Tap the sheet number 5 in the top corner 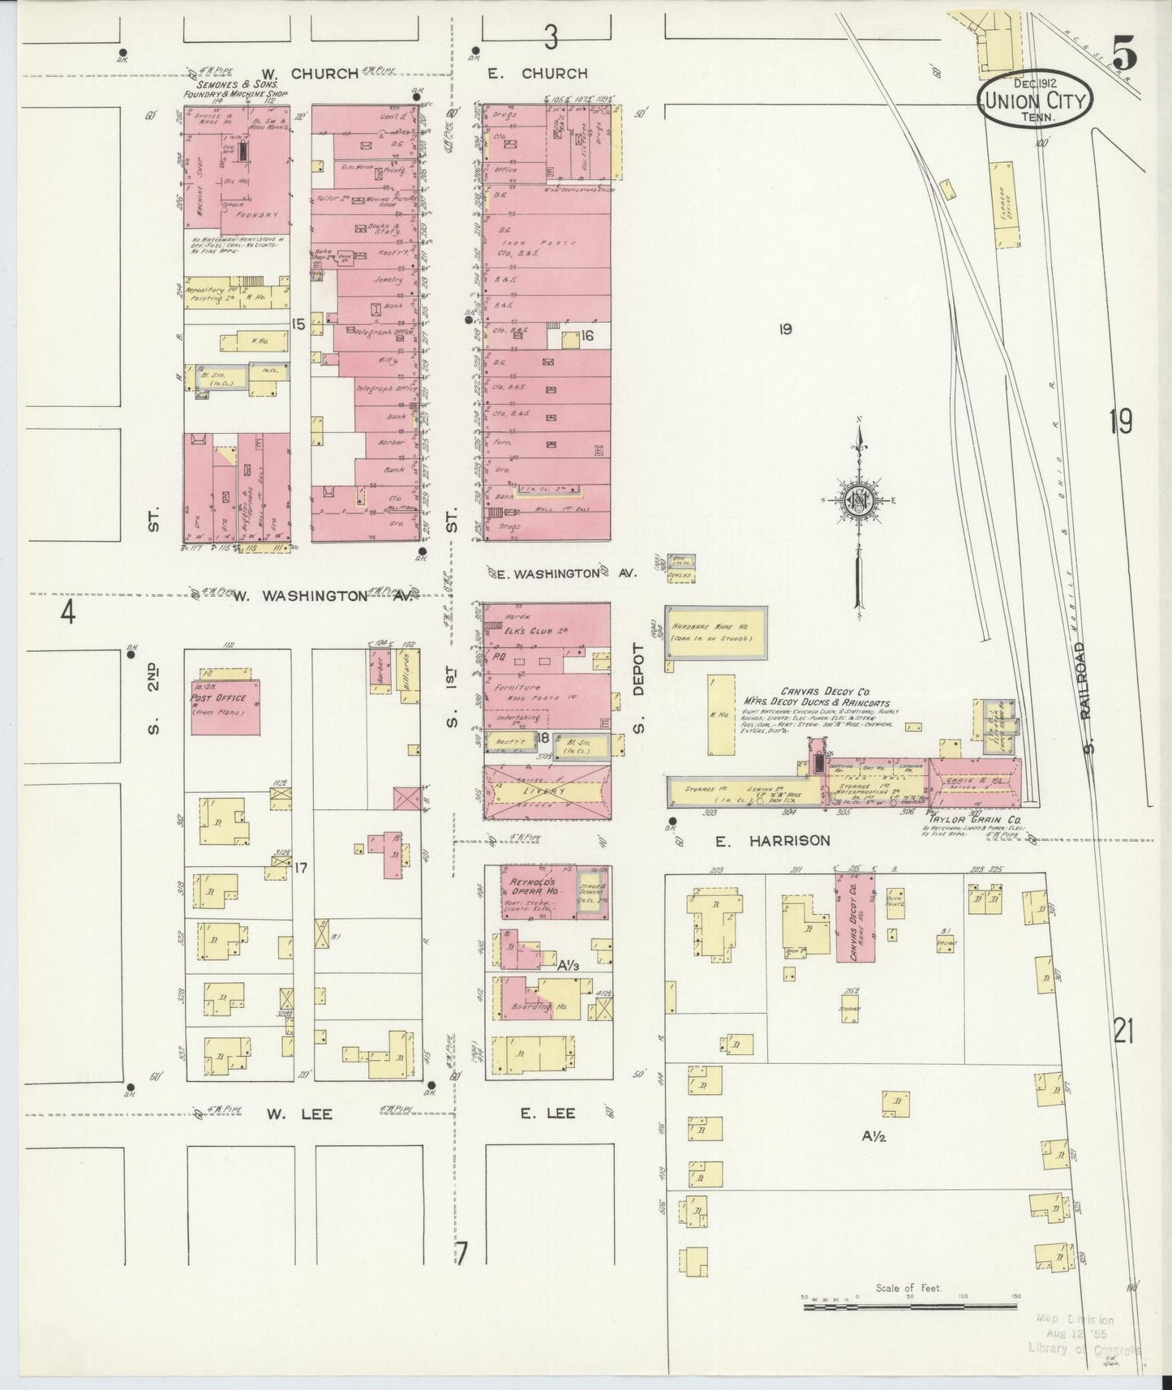[1124, 56]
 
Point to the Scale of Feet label [908, 1288]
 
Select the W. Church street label [324, 74]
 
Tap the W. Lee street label [299, 1114]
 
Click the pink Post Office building [225, 707]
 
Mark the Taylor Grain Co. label [962, 819]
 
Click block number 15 [298, 324]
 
